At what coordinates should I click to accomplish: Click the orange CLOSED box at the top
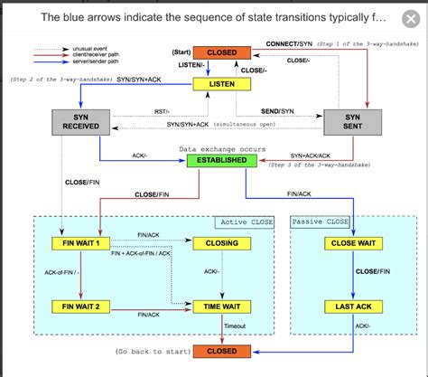pos(222,52)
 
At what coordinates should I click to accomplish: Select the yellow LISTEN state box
pos(222,83)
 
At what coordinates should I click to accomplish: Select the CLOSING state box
pos(222,242)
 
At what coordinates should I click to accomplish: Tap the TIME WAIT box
pos(222,307)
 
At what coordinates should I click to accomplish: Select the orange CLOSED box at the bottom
pos(222,351)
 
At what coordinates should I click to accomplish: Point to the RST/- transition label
pos(160,111)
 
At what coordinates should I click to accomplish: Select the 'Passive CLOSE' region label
pos(320,221)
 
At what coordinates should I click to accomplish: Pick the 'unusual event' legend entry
pos(77,48)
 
